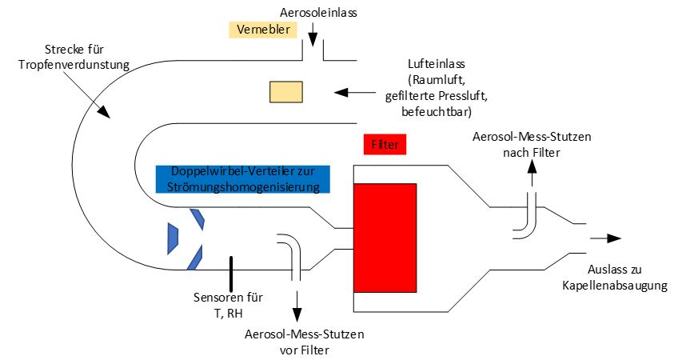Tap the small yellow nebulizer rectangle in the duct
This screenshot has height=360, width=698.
pyautogui.click(x=285, y=92)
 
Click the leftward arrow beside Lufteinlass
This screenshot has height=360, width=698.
pyautogui.click(x=359, y=93)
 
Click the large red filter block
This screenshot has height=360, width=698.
pyautogui.click(x=385, y=237)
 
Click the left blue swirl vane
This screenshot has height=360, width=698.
pyautogui.click(x=172, y=237)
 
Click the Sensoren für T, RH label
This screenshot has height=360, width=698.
pyautogui.click(x=229, y=305)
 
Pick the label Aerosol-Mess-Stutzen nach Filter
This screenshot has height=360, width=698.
pyautogui.click(x=530, y=144)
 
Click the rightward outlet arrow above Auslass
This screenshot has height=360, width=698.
pyautogui.click(x=604, y=238)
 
